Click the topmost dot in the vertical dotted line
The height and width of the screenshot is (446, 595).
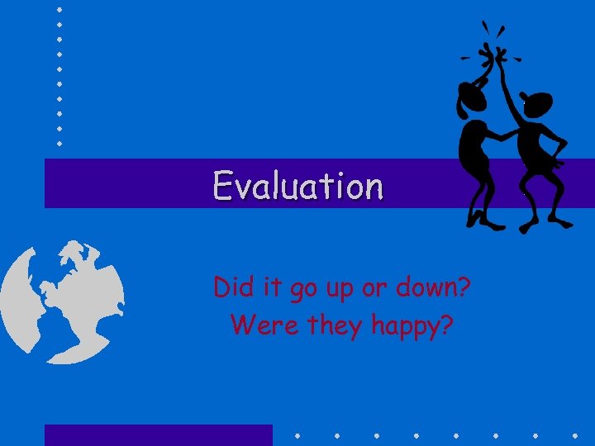tap(60, 9)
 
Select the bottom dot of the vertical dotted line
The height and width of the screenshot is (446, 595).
tap(60, 143)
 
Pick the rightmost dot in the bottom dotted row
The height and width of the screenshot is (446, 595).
tap(574, 434)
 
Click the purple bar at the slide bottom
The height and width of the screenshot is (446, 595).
tap(158, 435)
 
